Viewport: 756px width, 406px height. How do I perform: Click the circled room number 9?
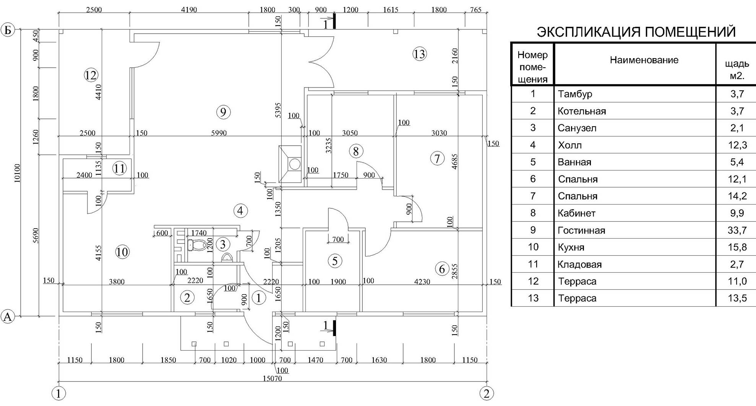pyautogui.click(x=223, y=112)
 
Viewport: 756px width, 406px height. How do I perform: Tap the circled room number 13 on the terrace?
pyautogui.click(x=419, y=54)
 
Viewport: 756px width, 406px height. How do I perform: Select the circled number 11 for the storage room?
pyautogui.click(x=119, y=168)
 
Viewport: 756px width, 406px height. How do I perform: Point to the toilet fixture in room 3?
pyautogui.click(x=196, y=245)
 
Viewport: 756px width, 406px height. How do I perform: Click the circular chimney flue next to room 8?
pyautogui.click(x=295, y=164)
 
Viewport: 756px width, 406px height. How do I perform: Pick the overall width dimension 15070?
pyautogui.click(x=272, y=378)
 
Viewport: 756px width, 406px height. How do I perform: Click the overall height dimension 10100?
pyautogui.click(x=17, y=173)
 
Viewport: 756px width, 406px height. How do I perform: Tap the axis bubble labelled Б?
pyautogui.click(x=8, y=30)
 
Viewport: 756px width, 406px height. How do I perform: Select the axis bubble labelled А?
pyautogui.click(x=8, y=317)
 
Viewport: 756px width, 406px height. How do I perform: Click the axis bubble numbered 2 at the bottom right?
pyautogui.click(x=486, y=393)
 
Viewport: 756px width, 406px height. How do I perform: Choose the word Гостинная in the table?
pyautogui.click(x=581, y=231)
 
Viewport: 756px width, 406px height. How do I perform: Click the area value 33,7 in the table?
pyautogui.click(x=737, y=230)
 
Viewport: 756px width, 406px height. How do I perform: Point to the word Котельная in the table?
pyautogui.click(x=582, y=111)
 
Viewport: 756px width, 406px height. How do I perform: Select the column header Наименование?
pyautogui.click(x=644, y=60)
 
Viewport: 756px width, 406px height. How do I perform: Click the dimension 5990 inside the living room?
pyautogui.click(x=219, y=133)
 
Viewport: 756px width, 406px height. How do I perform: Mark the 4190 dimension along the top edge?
pyautogui.click(x=189, y=10)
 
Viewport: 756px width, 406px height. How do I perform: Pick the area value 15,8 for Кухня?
pyautogui.click(x=737, y=247)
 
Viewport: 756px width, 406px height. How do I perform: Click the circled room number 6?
pyautogui.click(x=442, y=269)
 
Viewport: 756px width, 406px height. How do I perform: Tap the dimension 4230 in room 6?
pyautogui.click(x=422, y=282)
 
